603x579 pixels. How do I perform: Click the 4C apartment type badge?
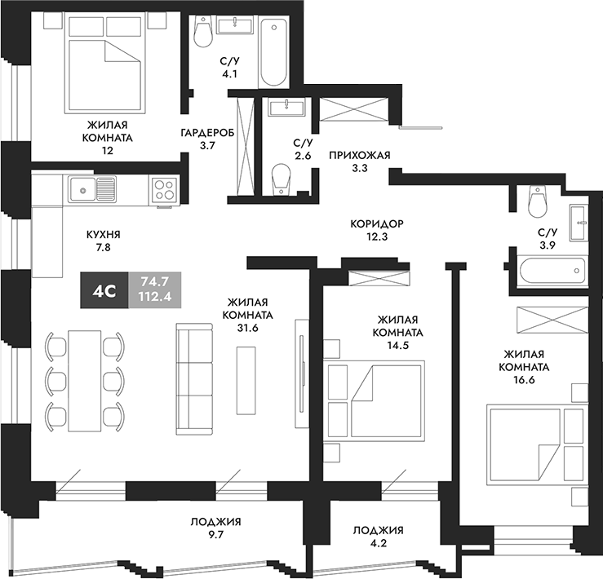click(x=104, y=289)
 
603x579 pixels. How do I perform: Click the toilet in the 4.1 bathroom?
click(x=204, y=33)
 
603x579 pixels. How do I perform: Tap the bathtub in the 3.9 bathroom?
click(x=547, y=268)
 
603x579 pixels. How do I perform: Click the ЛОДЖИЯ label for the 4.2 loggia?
click(x=378, y=531)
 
